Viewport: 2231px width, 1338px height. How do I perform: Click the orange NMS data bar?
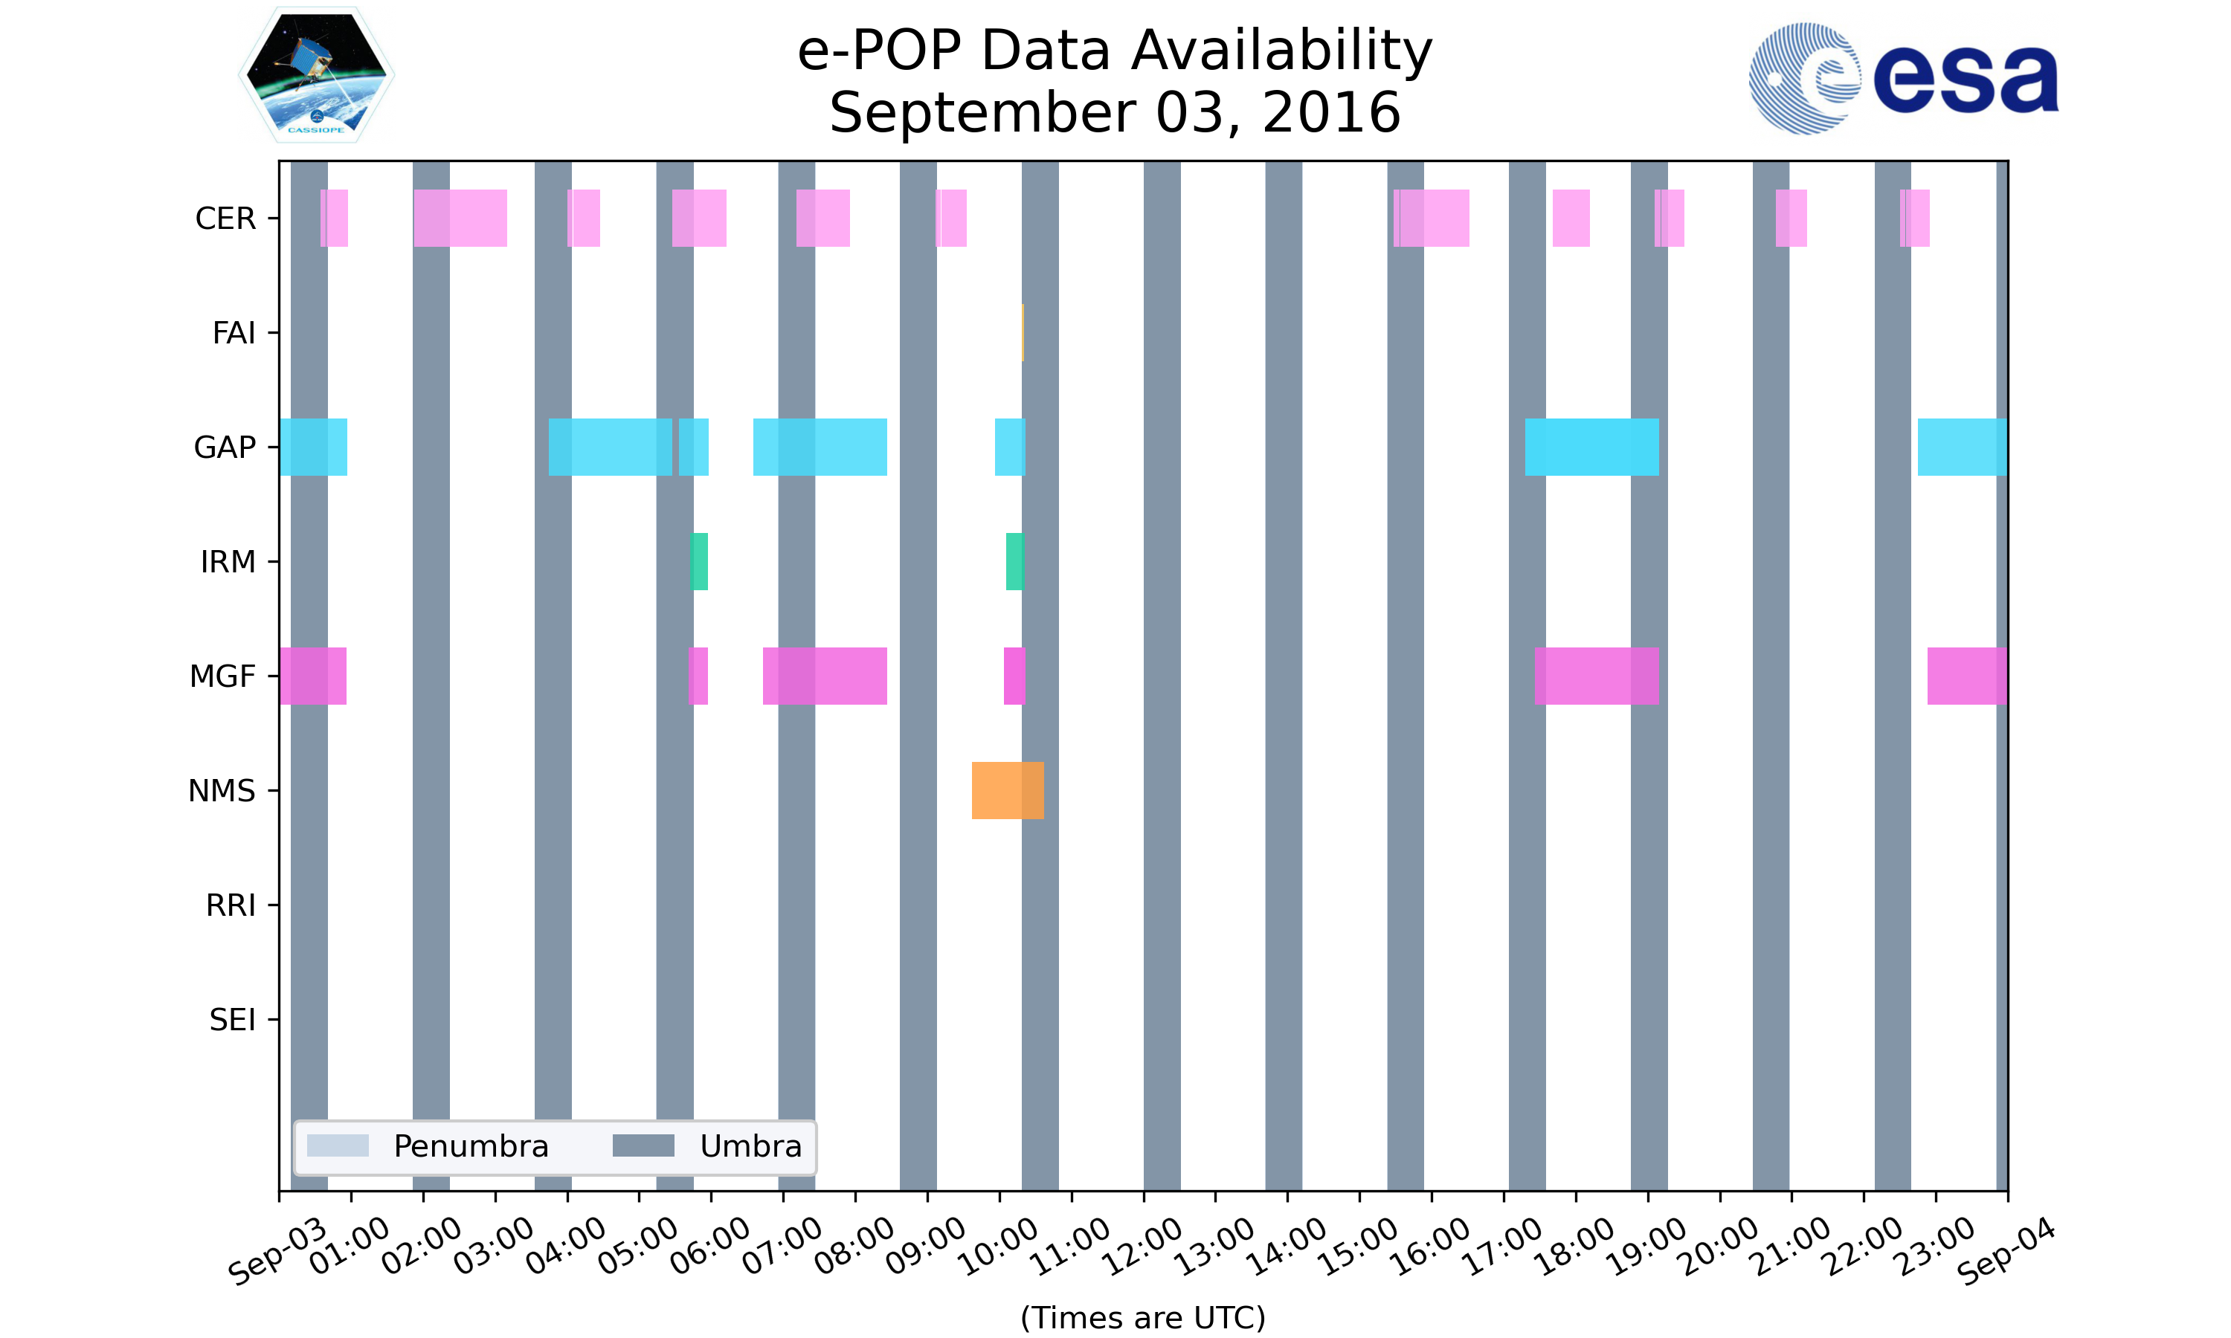1007,790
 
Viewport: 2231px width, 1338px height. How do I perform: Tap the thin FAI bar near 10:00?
1023,333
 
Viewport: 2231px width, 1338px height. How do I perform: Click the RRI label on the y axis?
230,905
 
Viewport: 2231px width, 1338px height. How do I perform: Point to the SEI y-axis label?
232,1020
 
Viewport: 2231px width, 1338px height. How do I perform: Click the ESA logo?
1903,79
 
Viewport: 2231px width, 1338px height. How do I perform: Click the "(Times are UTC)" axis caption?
1142,1317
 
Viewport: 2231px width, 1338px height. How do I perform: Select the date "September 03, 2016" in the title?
1115,113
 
